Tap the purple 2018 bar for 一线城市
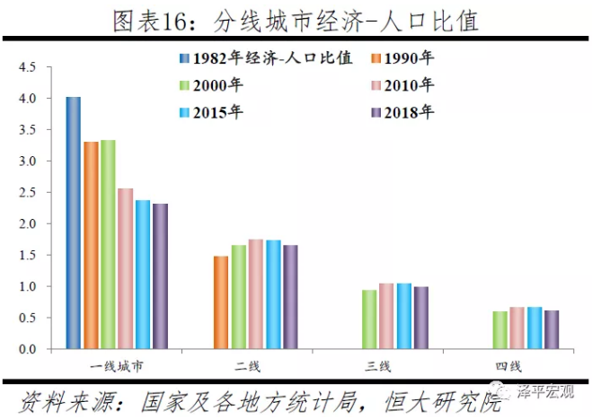tap(160, 276)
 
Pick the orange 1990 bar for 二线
tap(221, 302)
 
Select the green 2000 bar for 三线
tap(369, 319)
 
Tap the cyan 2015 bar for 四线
tap(535, 327)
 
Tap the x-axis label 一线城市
tap(116, 366)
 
